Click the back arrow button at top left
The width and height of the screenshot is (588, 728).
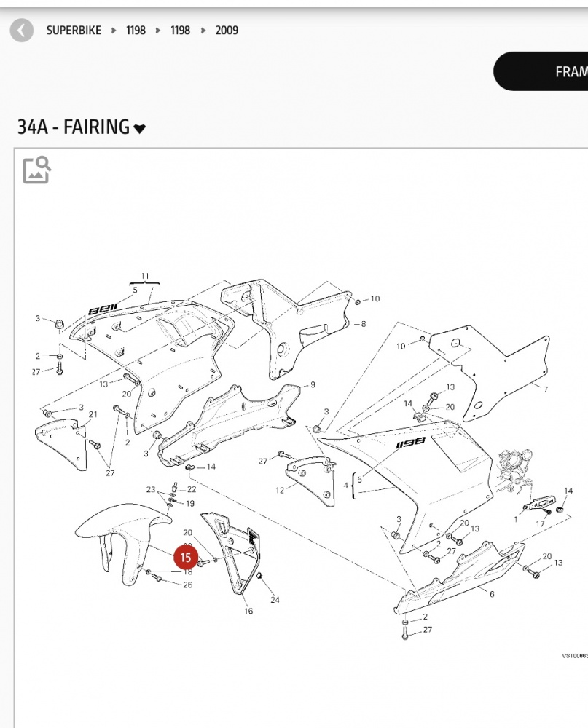tap(22, 31)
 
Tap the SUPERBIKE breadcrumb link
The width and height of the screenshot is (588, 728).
tap(74, 31)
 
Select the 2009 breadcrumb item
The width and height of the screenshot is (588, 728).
tap(227, 31)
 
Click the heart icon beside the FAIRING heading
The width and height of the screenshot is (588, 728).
tap(139, 129)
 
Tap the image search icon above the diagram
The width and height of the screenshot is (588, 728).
tap(36, 169)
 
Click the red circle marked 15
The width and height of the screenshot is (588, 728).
tap(185, 558)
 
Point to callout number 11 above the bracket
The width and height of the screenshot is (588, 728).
tap(145, 277)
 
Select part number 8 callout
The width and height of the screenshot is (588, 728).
tap(363, 323)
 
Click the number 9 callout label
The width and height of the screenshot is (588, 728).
tap(313, 384)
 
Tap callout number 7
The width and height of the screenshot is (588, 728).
tap(545, 389)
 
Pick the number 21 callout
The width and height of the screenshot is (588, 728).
tap(93, 415)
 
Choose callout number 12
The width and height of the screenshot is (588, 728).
tap(280, 490)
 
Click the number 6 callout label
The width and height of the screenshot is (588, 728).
tap(492, 594)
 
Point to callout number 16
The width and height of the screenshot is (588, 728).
tap(248, 611)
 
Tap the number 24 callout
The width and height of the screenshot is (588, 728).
tap(275, 600)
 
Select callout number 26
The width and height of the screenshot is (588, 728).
tap(187, 585)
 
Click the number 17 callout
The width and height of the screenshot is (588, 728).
tap(541, 523)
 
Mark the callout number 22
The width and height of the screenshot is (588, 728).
tap(192, 489)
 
